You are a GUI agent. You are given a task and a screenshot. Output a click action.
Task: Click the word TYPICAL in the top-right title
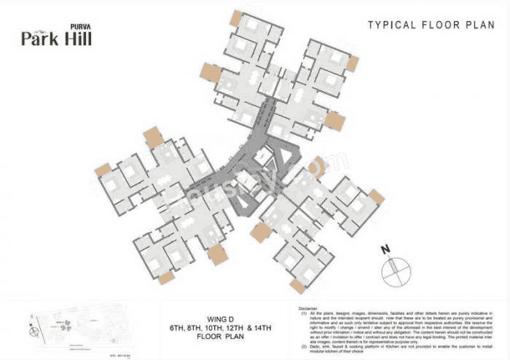coord(394,26)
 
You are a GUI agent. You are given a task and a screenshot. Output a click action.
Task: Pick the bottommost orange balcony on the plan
coord(297,286)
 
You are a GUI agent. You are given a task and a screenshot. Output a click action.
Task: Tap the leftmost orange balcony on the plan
coord(103,169)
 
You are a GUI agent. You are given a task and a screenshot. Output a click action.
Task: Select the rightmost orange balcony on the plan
coord(376,196)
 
